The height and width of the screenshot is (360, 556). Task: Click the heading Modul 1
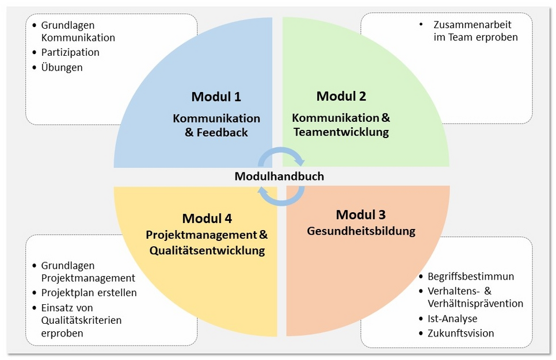pyautogui.click(x=216, y=97)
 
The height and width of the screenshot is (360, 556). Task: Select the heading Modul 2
pyautogui.click(x=341, y=96)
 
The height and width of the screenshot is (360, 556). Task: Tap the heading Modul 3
pyautogui.click(x=361, y=215)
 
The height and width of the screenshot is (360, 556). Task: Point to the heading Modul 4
pyautogui.click(x=207, y=219)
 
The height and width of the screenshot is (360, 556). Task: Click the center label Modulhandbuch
pyautogui.click(x=279, y=177)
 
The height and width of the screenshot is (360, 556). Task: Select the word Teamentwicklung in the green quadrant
pyautogui.click(x=341, y=132)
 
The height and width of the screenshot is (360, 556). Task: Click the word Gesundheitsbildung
pyautogui.click(x=361, y=231)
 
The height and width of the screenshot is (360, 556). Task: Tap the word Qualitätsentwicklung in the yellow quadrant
pyautogui.click(x=207, y=251)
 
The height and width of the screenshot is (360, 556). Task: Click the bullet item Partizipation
pyautogui.click(x=70, y=52)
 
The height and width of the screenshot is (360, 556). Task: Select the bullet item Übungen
pyautogui.click(x=62, y=67)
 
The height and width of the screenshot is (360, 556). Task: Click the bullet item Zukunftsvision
pyautogui.click(x=460, y=334)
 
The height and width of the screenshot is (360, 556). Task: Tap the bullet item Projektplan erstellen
pyautogui.click(x=89, y=293)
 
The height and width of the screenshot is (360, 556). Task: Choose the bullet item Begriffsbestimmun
pyautogui.click(x=471, y=277)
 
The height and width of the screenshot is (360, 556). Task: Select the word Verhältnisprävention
pyautogui.click(x=475, y=304)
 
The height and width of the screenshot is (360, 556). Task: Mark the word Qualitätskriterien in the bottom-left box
pyautogui.click(x=81, y=320)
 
